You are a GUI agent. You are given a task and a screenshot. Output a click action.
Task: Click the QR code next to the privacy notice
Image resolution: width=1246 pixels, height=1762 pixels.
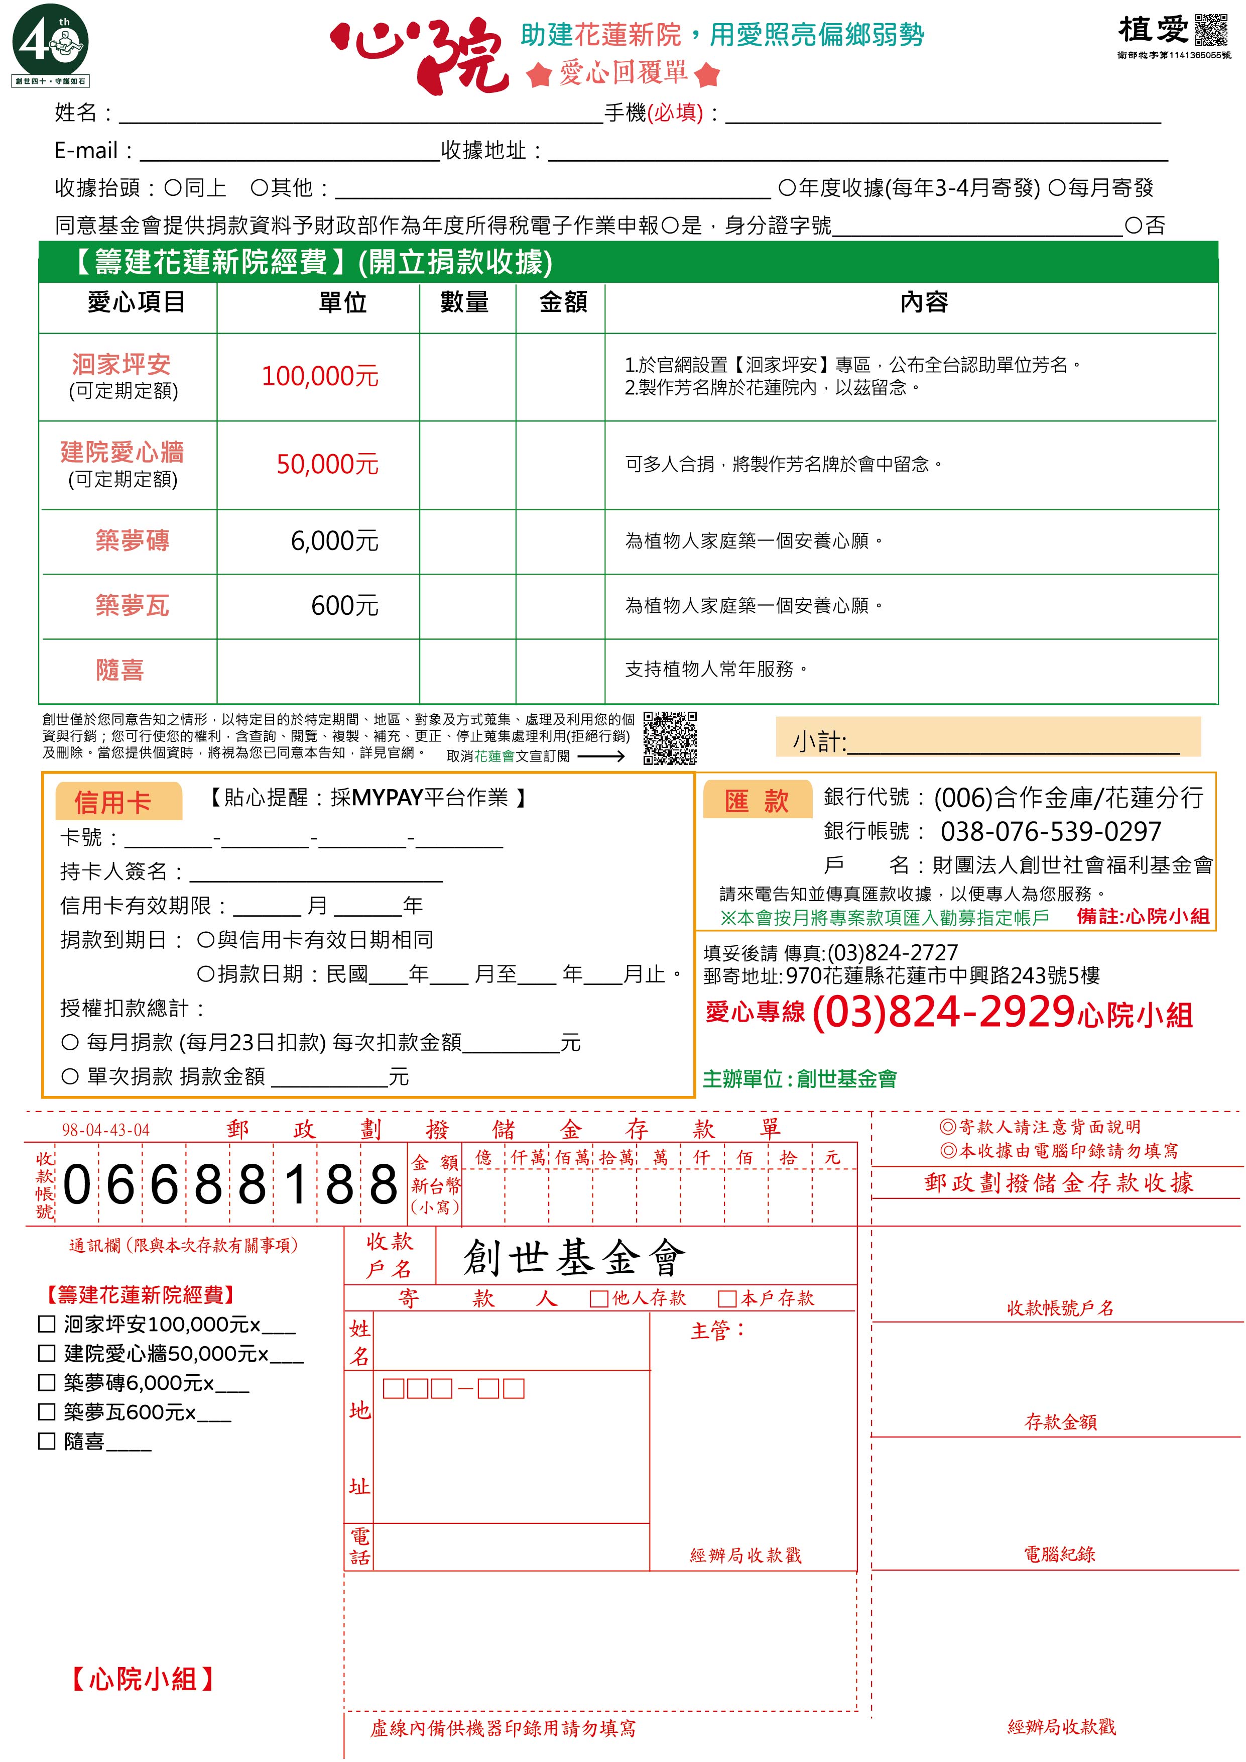(670, 737)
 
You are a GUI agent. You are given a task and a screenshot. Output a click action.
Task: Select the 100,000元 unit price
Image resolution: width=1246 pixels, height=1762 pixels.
(320, 376)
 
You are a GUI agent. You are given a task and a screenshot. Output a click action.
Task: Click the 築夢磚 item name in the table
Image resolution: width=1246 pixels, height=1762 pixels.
(132, 541)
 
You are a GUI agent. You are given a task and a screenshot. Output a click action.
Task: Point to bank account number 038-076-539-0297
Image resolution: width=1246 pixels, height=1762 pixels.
(1050, 831)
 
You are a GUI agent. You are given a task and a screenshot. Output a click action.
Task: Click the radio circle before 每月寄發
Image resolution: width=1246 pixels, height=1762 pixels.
(1057, 188)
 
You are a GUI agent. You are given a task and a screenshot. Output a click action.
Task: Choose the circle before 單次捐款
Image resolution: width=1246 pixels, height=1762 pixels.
(70, 1077)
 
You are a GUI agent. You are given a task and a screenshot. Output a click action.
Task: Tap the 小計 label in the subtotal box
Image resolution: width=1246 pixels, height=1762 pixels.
(819, 741)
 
